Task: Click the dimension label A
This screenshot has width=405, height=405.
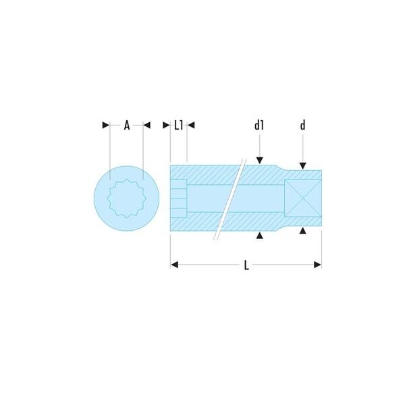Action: (127, 126)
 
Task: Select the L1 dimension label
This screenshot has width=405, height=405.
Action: (178, 126)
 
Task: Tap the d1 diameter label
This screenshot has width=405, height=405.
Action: (259, 126)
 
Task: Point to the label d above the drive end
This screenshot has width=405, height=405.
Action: (302, 125)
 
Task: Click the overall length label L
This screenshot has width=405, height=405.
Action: (246, 265)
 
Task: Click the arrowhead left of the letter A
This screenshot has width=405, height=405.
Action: (106, 126)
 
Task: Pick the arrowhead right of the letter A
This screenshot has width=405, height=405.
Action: (146, 126)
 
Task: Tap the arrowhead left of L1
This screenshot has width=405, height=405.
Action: (166, 126)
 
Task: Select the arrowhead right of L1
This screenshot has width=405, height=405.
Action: (191, 126)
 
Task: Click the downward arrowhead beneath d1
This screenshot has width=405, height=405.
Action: (260, 161)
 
